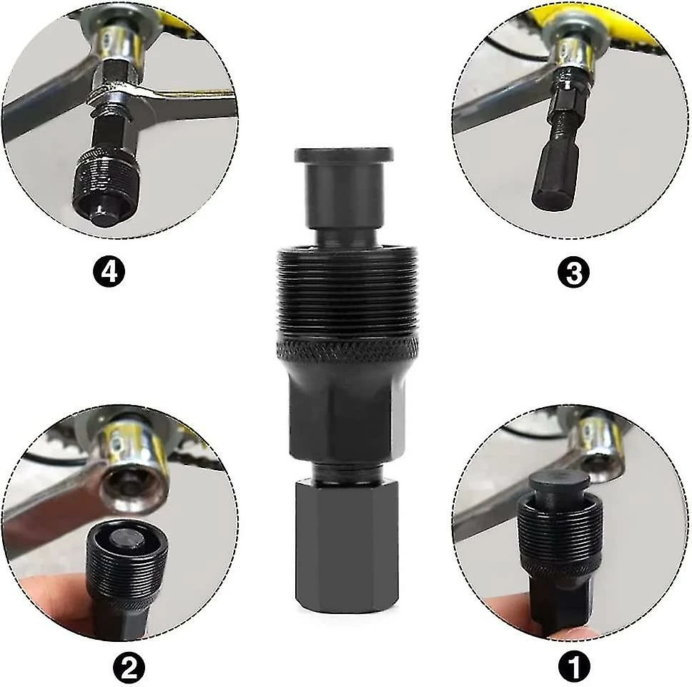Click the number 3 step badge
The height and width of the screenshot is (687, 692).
pyautogui.click(x=575, y=272)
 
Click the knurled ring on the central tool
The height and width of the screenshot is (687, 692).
pyautogui.click(x=343, y=354)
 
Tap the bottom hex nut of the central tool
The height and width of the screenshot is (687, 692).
pyautogui.click(x=343, y=544)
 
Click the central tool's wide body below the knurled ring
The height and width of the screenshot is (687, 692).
pyautogui.click(x=343, y=415)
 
